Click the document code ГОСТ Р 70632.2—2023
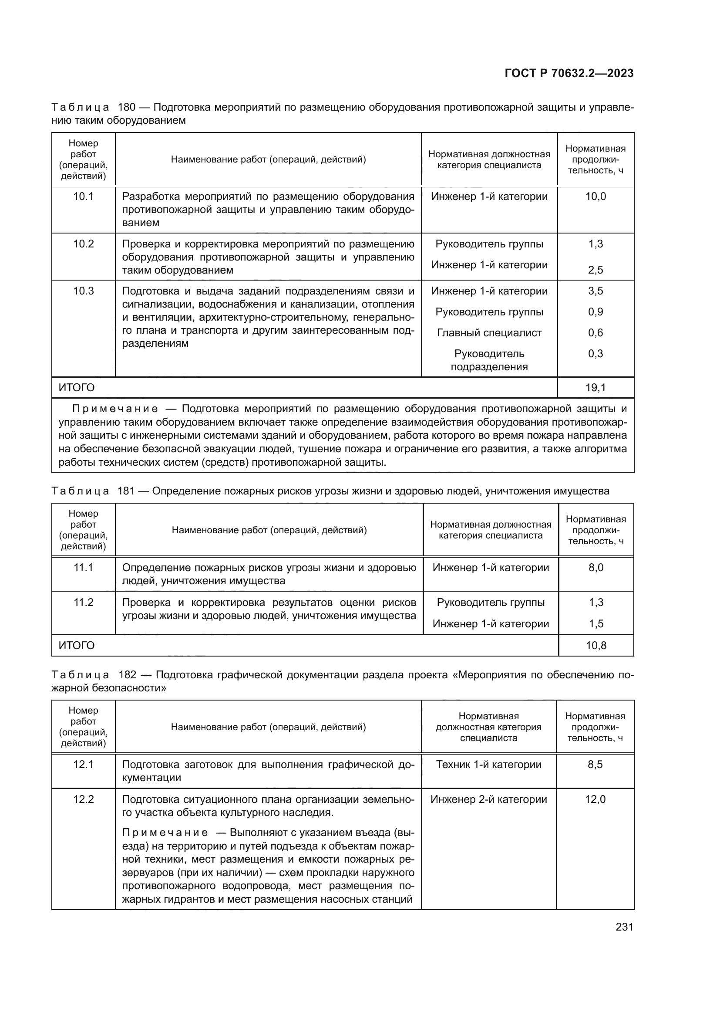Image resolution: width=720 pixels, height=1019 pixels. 569,74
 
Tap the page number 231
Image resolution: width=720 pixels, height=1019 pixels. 624,927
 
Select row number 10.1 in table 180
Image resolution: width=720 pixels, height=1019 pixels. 83,196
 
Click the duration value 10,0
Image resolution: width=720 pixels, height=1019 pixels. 596,196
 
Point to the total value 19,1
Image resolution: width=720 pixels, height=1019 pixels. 596,388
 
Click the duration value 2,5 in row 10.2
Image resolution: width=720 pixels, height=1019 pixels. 596,270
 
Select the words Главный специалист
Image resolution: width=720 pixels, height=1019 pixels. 489,333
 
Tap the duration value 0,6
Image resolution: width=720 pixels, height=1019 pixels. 596,333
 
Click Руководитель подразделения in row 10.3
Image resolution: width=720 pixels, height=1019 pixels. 489,360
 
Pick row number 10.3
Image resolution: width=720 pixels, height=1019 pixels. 83,291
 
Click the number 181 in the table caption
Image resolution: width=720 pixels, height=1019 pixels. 126,491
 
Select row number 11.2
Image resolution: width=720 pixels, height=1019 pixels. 83,602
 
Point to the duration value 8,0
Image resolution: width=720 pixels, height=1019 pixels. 596,568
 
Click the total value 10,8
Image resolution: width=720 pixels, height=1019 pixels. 596,645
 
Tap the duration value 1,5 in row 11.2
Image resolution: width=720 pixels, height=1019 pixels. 596,623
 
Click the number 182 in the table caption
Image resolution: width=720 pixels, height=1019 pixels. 128,675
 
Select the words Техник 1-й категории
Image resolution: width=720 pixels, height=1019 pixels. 488,765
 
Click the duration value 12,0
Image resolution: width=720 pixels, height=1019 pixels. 595,799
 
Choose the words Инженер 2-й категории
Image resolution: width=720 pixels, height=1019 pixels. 488,799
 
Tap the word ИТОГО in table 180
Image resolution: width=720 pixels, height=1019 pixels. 77,388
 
